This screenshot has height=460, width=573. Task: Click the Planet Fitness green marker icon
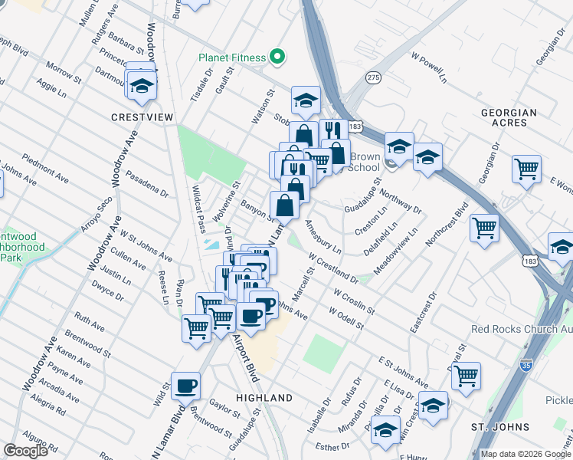[x=277, y=58]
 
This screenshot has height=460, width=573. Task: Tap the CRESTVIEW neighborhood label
[x=142, y=117]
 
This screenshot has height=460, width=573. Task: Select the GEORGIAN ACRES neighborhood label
[x=509, y=117]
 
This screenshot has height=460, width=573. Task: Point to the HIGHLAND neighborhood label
[x=264, y=398]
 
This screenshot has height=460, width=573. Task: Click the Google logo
[x=26, y=451]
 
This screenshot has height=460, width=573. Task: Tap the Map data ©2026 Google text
[x=526, y=454]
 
